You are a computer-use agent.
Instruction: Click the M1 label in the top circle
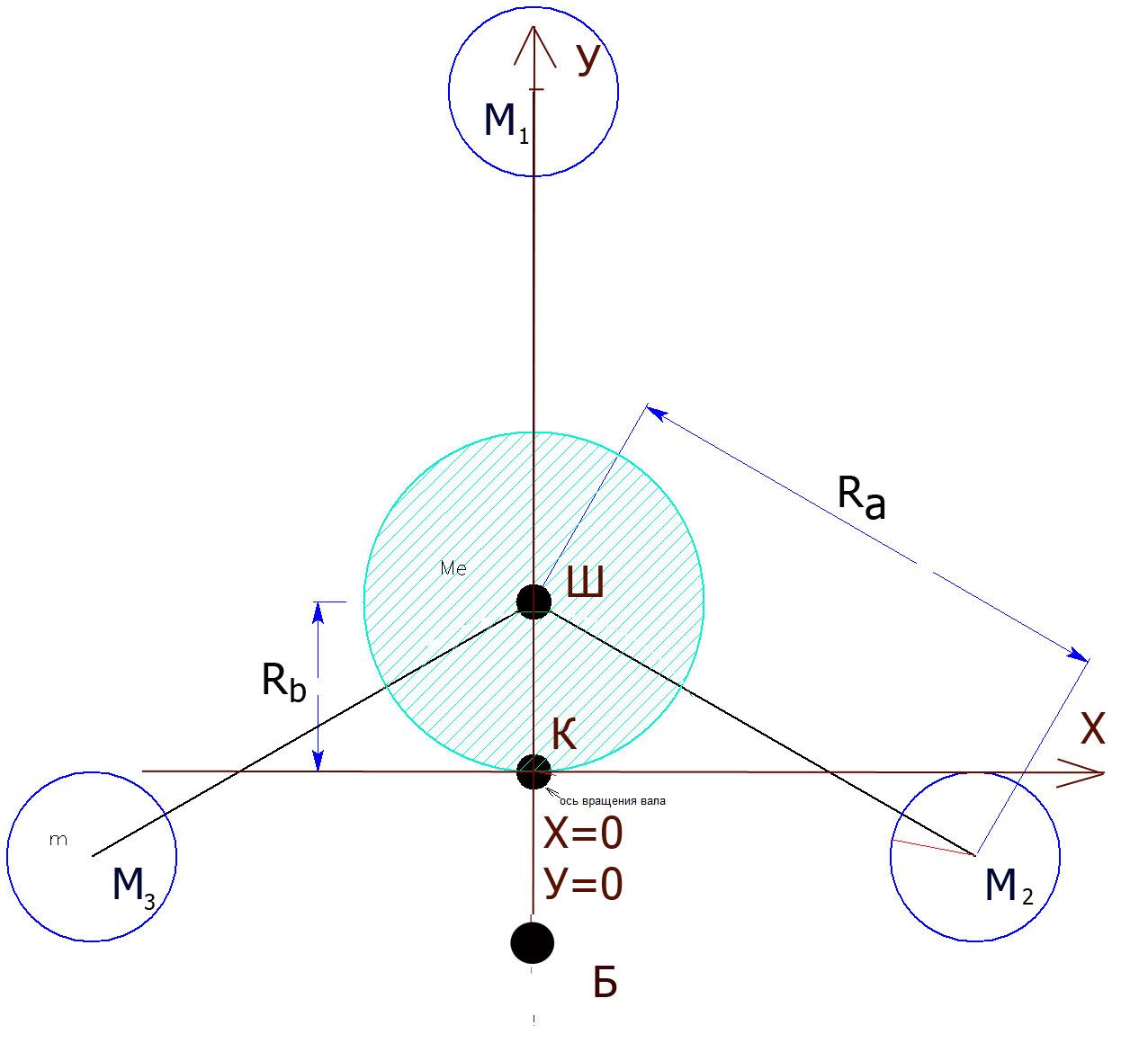pyautogui.click(x=507, y=123)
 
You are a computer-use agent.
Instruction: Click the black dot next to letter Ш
pyautogui.click(x=534, y=602)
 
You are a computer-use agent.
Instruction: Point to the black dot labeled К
pyautogui.click(x=534, y=771)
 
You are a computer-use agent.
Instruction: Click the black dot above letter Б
pyautogui.click(x=532, y=943)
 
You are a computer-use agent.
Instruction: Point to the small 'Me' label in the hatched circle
pyautogui.click(x=453, y=568)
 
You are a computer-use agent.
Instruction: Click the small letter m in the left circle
pyautogui.click(x=58, y=840)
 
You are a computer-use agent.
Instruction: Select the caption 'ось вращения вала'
pyautogui.click(x=612, y=801)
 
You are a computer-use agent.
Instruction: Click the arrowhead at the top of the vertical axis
pyautogui.click(x=534, y=47)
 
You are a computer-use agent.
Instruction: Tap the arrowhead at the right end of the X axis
pyautogui.click(x=1081, y=773)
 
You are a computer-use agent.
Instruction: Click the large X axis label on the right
pyautogui.click(x=1092, y=728)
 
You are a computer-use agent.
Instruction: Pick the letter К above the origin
pyautogui.click(x=564, y=734)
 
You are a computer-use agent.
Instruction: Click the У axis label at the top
pyautogui.click(x=588, y=59)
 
